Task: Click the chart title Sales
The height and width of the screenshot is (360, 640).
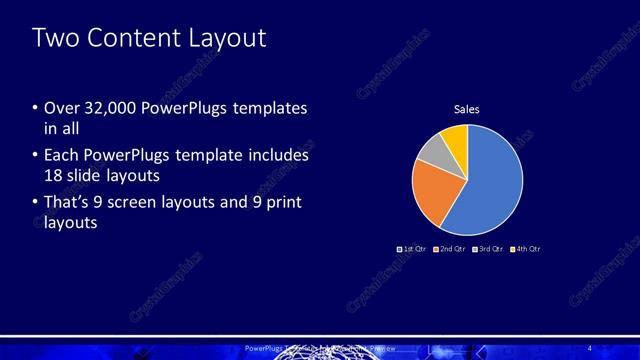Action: click(x=468, y=109)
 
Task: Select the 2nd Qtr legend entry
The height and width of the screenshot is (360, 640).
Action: click(x=448, y=247)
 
